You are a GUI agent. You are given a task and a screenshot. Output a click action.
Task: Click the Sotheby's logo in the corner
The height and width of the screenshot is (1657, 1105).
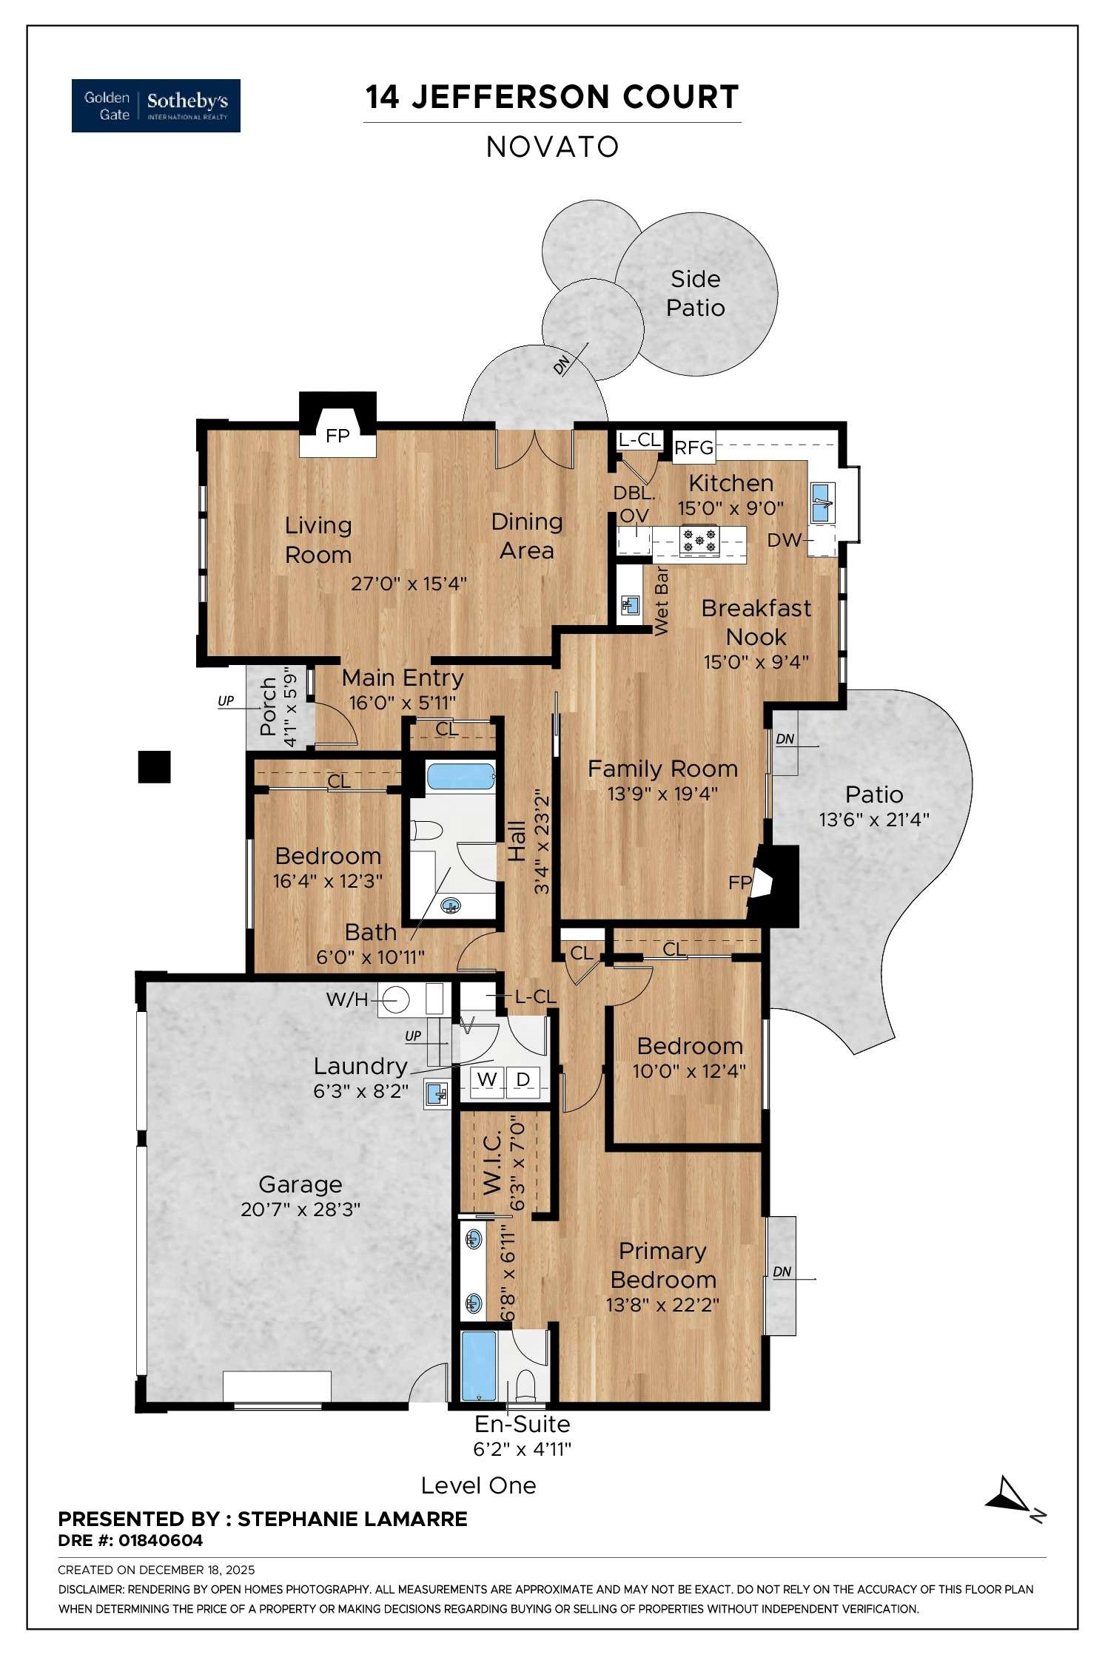(155, 105)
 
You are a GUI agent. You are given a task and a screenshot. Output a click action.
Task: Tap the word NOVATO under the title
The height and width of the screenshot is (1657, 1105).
(552, 146)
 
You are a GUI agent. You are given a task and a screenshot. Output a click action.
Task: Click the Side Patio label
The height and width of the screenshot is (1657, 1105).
(695, 293)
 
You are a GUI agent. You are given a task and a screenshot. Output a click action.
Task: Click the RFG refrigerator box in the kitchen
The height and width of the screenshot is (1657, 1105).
(694, 448)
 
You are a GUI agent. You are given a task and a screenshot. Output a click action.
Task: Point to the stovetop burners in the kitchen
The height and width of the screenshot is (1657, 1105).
(699, 539)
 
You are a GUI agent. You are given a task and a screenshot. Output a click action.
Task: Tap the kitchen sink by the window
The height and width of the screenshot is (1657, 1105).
(822, 503)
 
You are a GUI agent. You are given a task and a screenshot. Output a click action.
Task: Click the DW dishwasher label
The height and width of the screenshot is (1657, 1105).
(784, 540)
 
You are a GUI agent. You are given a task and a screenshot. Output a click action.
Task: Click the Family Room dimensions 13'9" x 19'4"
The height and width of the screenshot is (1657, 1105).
(662, 794)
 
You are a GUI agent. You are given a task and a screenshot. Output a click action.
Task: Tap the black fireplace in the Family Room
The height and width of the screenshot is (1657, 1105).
(776, 885)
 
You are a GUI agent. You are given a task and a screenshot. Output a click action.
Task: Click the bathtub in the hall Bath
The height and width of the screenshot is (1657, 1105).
(460, 778)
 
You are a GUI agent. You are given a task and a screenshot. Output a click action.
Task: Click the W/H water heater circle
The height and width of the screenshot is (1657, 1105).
(396, 999)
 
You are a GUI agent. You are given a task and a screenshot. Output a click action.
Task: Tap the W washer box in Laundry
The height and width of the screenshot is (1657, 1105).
(486, 1079)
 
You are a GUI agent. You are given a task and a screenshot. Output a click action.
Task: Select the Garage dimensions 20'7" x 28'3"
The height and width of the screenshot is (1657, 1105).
(300, 1209)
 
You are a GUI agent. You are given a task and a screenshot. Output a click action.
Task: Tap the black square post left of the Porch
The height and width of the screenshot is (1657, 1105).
(155, 767)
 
